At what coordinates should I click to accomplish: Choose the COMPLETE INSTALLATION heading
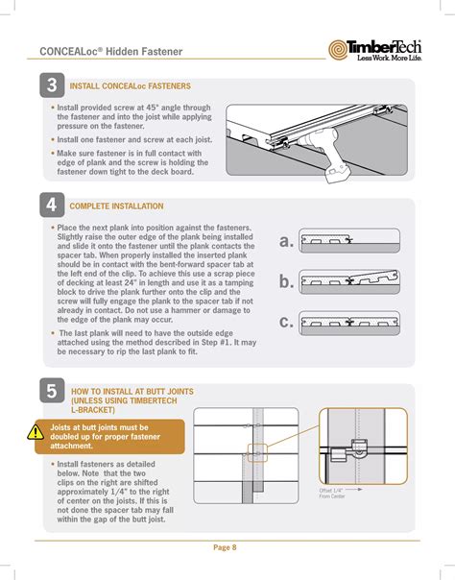click(x=116, y=206)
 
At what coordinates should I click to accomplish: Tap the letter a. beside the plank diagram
click(x=286, y=241)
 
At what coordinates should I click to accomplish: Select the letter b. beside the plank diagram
click(x=286, y=281)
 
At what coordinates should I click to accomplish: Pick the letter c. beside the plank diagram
click(x=286, y=323)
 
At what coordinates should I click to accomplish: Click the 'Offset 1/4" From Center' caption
click(x=332, y=493)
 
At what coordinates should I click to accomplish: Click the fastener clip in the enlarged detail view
click(x=358, y=447)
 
